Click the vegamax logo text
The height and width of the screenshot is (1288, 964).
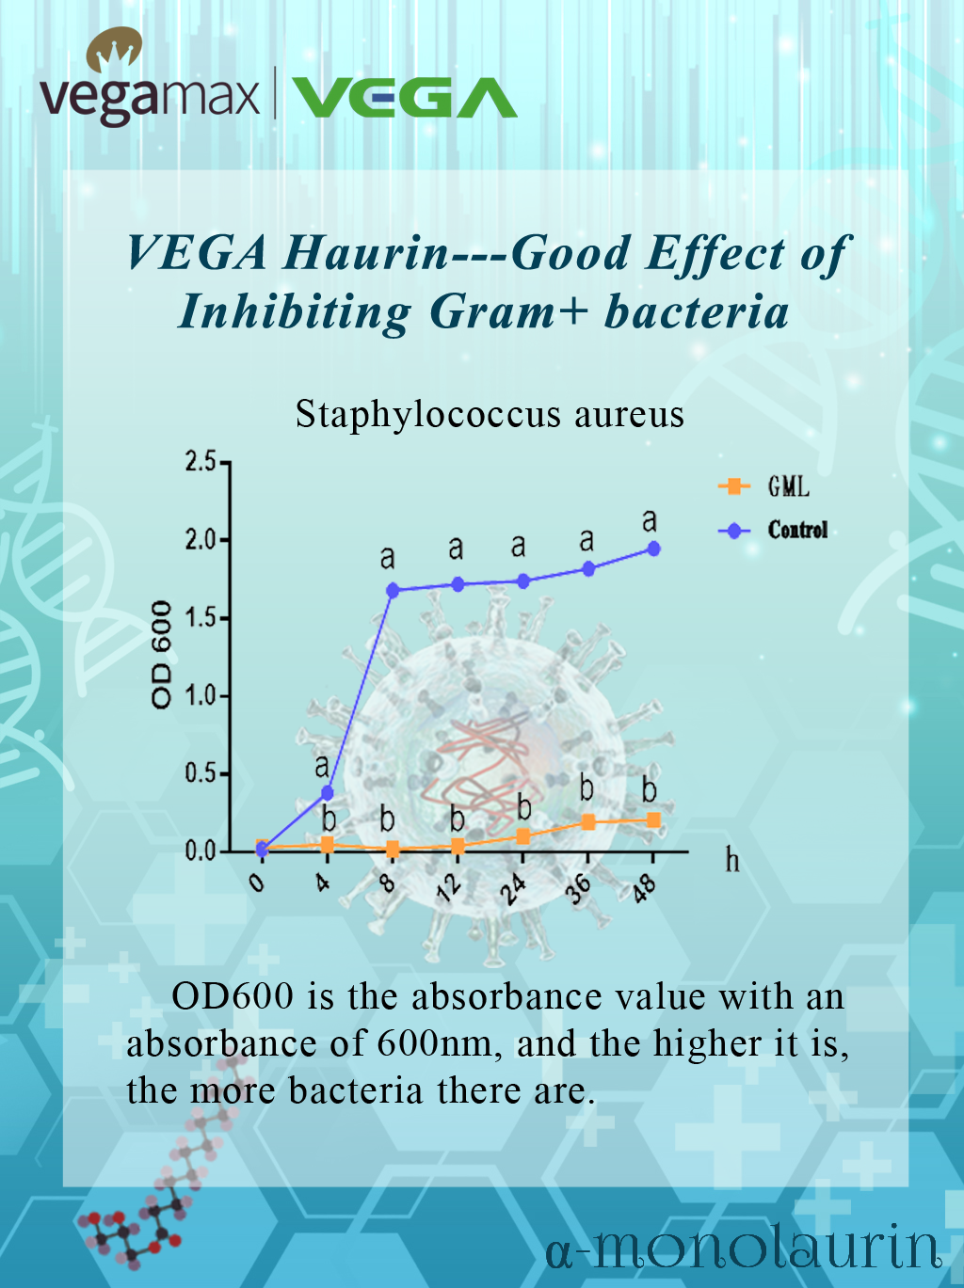tap(149, 100)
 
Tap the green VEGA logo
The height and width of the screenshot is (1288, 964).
tap(404, 98)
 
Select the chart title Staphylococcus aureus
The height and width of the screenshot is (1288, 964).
tap(490, 414)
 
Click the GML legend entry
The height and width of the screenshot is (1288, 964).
tap(763, 486)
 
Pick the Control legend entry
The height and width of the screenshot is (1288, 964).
tap(773, 531)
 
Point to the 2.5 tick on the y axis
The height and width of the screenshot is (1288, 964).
tap(201, 462)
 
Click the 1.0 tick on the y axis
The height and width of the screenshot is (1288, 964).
tap(201, 696)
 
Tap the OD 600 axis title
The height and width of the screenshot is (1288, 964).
tap(161, 654)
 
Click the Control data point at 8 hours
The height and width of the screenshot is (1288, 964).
tap(393, 590)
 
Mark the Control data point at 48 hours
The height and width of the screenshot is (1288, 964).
tap(653, 549)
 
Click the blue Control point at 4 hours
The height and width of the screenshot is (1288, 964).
tap(328, 793)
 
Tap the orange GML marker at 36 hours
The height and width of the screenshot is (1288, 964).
tap(588, 822)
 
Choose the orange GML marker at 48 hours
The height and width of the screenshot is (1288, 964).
tap(653, 819)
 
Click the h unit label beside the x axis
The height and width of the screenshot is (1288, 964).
tap(732, 861)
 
